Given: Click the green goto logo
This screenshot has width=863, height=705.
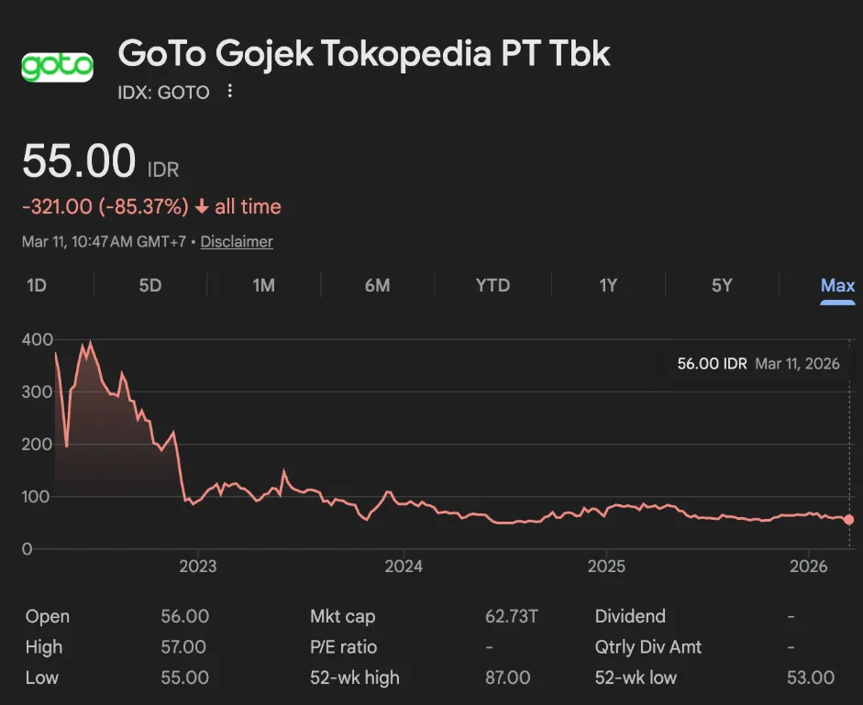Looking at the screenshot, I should pos(57,67).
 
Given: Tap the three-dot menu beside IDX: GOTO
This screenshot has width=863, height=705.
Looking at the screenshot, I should pos(230,92).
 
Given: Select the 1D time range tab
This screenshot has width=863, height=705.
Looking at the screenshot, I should pos(37,285).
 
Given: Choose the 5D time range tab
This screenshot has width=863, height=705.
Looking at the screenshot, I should pos(150,285).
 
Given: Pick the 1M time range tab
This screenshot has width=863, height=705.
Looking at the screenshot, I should pos(263,285).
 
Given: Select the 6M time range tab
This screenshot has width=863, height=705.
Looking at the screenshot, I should pos(377,285).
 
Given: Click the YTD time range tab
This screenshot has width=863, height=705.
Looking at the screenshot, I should pos(492,285).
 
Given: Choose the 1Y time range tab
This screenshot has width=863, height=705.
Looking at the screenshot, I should pos(608,285).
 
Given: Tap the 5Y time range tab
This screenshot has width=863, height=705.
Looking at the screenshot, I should pos(722,285).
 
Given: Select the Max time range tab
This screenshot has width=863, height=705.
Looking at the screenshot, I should pos(837,285).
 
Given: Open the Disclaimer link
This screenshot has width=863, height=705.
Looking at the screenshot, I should pos(237,242).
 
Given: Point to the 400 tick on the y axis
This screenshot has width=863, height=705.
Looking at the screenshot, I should pos(39,339).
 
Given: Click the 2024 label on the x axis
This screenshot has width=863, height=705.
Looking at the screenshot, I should pos(404,566).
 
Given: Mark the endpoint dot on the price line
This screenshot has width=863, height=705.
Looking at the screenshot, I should pos(848,520).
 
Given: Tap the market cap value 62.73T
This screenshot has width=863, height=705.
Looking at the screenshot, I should pos(511,616).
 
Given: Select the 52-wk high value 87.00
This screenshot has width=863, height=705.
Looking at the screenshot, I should pos(507,677).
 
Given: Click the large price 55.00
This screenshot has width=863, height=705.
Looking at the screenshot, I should pos(79,162).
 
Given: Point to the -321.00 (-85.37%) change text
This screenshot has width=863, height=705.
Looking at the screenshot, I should pos(105,207).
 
